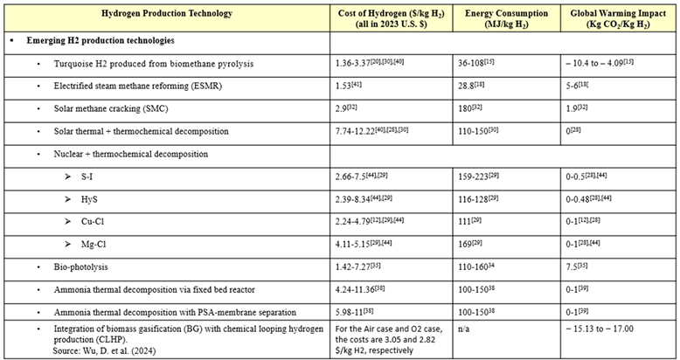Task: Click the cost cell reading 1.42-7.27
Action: tap(357, 266)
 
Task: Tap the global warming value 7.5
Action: tap(576, 266)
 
